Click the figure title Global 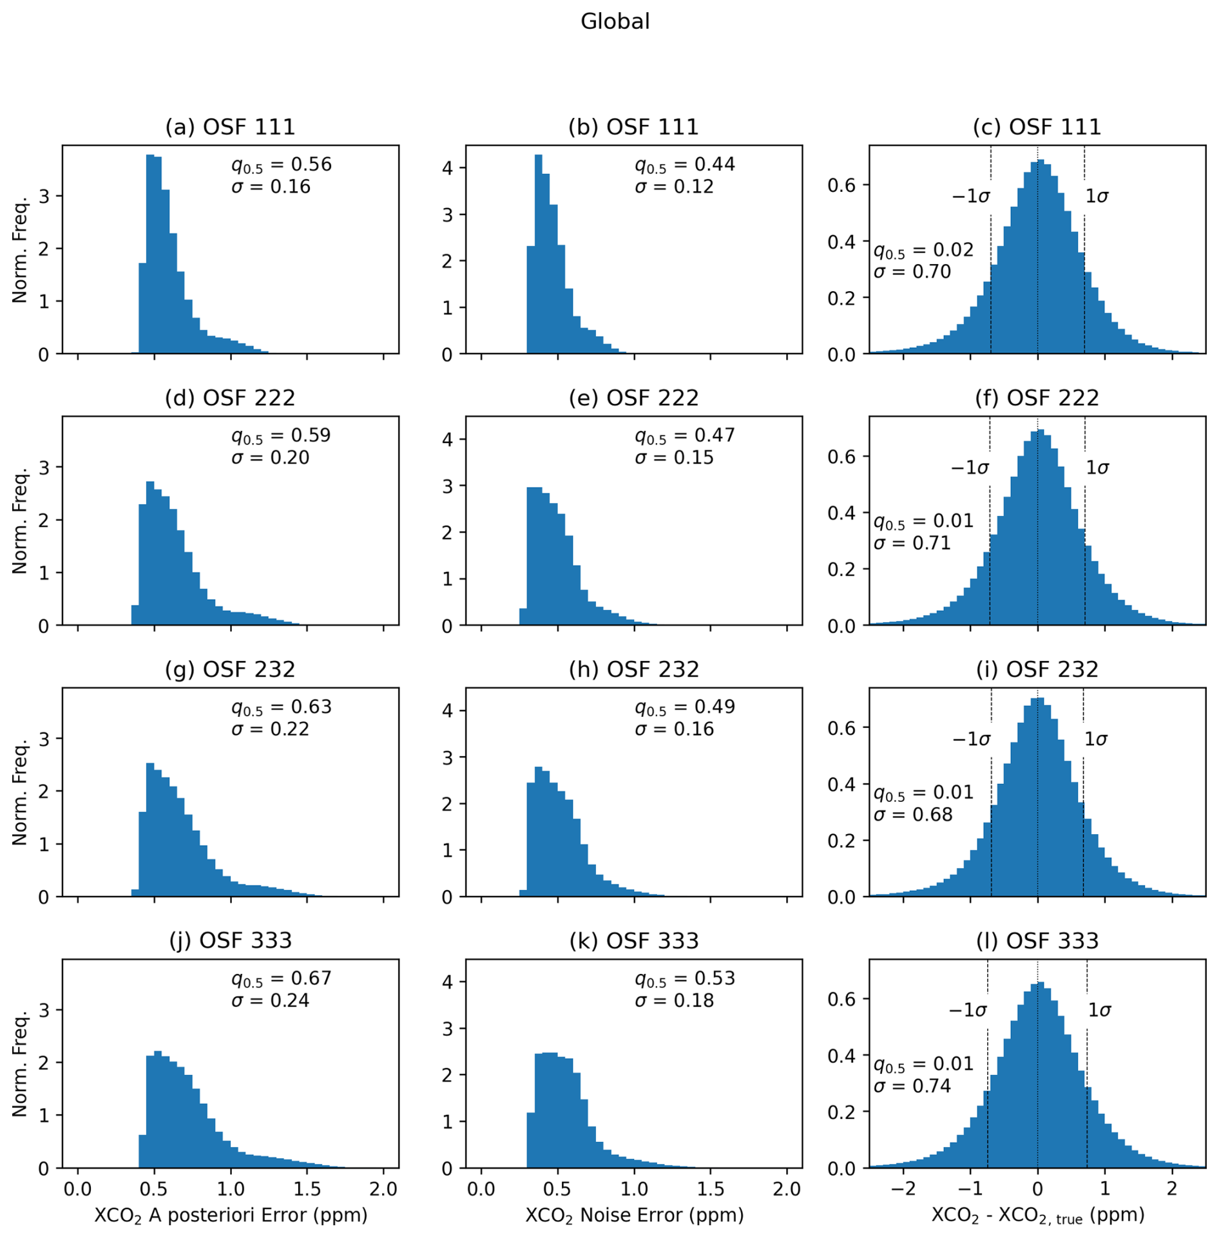[615, 22]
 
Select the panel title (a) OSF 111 [230, 127]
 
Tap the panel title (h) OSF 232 [633, 669]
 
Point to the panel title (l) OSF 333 [1037, 940]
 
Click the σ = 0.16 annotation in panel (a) [271, 187]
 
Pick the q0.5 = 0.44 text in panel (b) [684, 165]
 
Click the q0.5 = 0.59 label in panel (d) [281, 436]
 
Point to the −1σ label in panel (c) [970, 196]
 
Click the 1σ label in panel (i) [1096, 739]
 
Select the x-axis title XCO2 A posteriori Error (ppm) [231, 1215]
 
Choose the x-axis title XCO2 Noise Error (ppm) [634, 1215]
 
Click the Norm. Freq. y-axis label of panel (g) [20, 792]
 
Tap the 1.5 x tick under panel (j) [307, 1188]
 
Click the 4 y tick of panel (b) [447, 169]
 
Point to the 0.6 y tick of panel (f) [841, 457]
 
